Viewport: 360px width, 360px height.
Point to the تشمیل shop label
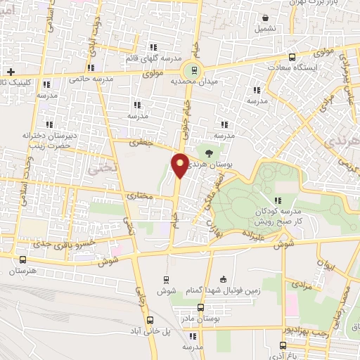(x=267, y=30)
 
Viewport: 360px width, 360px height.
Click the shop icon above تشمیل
(x=266, y=19)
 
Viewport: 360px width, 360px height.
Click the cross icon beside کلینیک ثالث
(x=11, y=72)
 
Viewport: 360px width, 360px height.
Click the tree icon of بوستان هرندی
(x=209, y=151)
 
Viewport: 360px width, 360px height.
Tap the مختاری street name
(x=140, y=195)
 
